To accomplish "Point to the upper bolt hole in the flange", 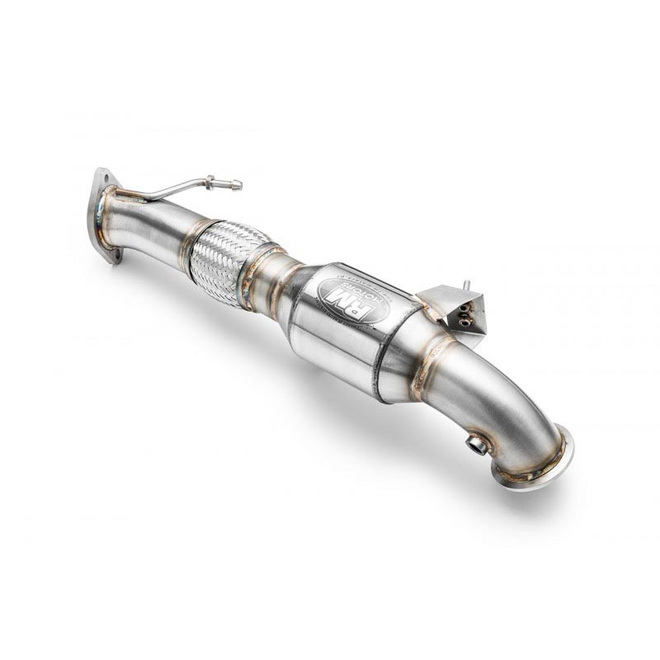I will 103,178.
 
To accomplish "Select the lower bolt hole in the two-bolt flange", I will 115,251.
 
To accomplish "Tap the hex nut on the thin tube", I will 214,180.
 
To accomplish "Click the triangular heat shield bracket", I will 454,308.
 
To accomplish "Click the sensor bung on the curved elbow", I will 477,445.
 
